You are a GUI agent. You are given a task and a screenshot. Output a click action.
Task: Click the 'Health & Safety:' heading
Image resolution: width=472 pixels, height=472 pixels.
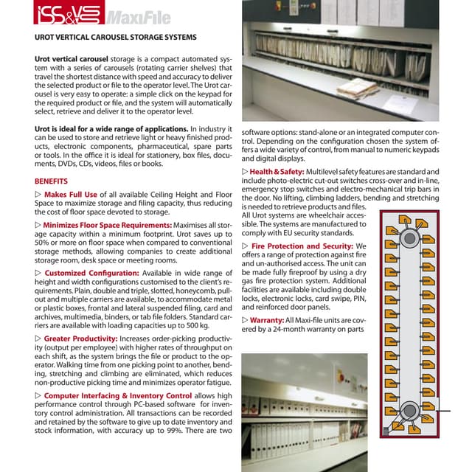277,172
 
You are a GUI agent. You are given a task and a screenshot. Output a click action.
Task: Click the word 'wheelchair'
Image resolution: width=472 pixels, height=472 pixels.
333,223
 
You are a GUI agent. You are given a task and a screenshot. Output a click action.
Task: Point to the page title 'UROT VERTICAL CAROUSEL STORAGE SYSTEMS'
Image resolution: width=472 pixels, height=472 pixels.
116,37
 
